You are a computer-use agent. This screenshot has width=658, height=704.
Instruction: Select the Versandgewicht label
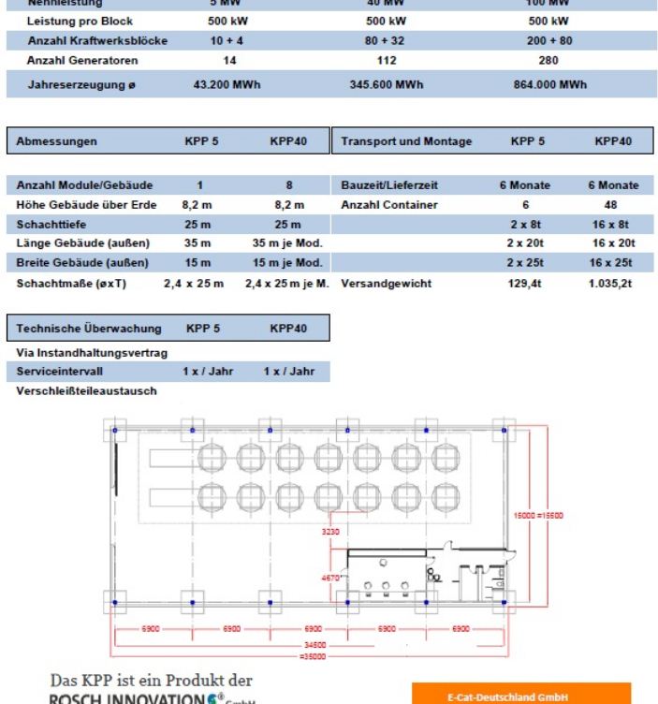point(387,282)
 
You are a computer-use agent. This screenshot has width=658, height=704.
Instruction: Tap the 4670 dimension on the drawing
point(333,578)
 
